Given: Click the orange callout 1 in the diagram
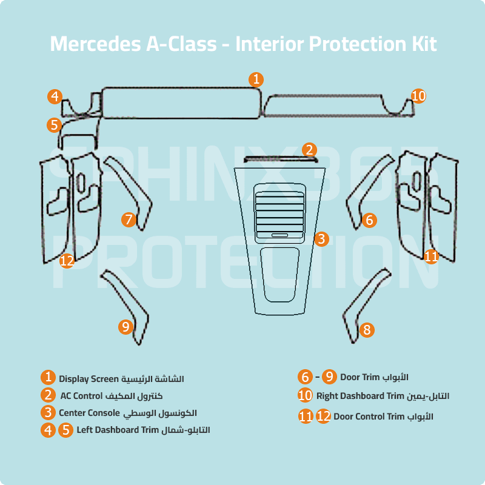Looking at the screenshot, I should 256,79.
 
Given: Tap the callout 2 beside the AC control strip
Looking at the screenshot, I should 309,150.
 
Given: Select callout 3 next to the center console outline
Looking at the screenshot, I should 321,239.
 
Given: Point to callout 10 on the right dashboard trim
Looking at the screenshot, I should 418,96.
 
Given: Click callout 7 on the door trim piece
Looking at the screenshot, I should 129,219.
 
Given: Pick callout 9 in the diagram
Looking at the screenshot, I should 125,327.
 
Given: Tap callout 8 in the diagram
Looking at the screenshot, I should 366,330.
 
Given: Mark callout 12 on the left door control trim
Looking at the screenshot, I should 67,261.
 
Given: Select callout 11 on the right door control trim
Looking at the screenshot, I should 431,256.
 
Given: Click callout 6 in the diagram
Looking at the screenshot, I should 369,220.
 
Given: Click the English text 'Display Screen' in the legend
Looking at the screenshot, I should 88,379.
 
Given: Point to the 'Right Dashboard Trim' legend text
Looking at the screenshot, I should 360,396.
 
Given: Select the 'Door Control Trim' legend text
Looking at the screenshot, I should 369,416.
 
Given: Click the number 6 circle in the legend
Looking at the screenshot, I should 306,376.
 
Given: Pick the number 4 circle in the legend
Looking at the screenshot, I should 48,430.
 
